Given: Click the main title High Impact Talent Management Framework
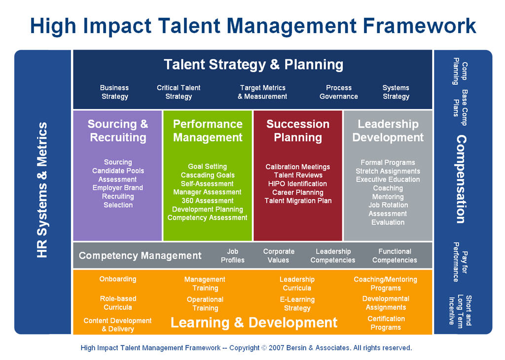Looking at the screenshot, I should pos(252,26).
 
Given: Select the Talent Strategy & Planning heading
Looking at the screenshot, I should pos(253,65).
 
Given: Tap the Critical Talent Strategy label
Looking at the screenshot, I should pos(179,92).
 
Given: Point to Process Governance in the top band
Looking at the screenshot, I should pos(339,92).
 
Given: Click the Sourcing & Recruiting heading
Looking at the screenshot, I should pos(118,131).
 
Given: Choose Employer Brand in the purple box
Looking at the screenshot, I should pos(118,188).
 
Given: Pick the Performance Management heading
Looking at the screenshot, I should pos(208,131).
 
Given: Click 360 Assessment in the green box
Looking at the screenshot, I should pos(207,201).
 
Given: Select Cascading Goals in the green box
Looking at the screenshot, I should pos(208,175).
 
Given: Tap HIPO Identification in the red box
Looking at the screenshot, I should pos(298,184).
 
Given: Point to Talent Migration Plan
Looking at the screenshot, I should pos(298,201).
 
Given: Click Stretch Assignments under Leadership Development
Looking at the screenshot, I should pos(388,171).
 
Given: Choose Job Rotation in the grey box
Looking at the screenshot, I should pos(388,205).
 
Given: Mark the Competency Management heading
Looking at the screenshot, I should pos(140,255).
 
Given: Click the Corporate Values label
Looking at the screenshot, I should pos(279,255).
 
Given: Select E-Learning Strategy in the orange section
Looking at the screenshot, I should pos(297,304).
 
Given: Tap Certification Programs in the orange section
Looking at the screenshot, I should pos(386,323).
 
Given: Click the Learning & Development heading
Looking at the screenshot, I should pos(254,323).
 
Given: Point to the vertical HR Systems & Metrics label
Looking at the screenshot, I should pos(43,190).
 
